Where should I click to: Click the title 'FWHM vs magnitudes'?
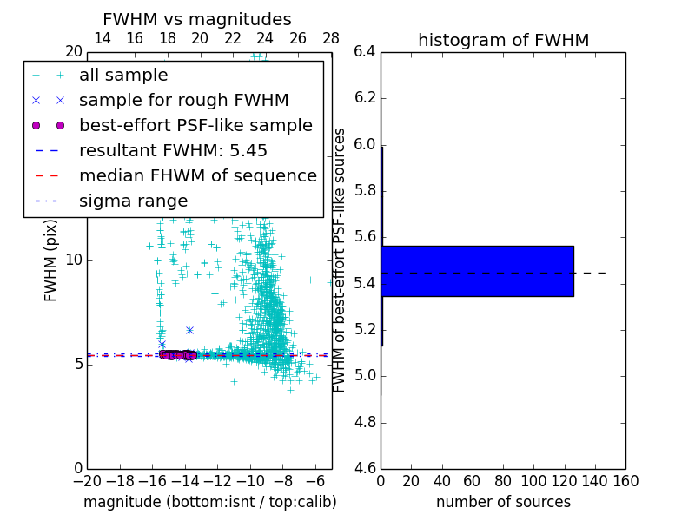(x=197, y=19)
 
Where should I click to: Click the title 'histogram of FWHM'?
(x=503, y=40)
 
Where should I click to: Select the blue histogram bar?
(x=477, y=271)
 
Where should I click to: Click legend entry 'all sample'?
(x=123, y=76)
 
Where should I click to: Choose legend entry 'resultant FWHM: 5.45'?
(x=173, y=151)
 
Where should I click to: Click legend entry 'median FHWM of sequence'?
(x=197, y=176)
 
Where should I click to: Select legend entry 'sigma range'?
(x=133, y=201)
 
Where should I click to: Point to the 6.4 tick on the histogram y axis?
(x=364, y=51)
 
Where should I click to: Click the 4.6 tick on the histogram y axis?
(x=364, y=469)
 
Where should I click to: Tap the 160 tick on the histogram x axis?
(x=625, y=481)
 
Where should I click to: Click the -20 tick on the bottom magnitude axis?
(x=87, y=481)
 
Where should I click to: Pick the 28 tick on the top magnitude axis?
(x=331, y=38)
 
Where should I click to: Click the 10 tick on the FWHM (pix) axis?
(x=74, y=260)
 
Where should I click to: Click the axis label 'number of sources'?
(x=503, y=502)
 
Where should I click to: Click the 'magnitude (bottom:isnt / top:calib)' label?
(x=209, y=502)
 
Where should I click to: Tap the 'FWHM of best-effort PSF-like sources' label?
(x=340, y=260)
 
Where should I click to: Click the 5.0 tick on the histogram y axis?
(x=364, y=376)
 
